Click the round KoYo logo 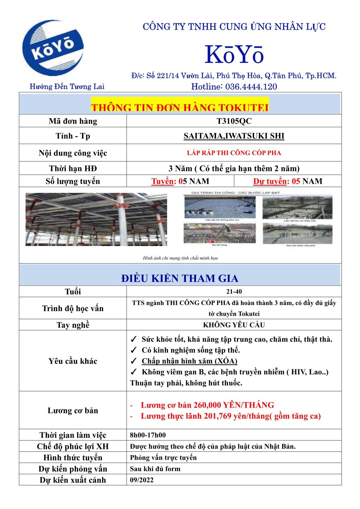pyautogui.click(x=53, y=48)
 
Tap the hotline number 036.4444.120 pyautogui.click(x=251, y=87)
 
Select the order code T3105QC pyautogui.click(x=234, y=121)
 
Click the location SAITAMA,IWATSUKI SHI pyautogui.click(x=234, y=136)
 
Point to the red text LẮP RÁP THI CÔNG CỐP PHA pyautogui.click(x=234, y=153)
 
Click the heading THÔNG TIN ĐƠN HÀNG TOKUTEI pyautogui.click(x=180, y=107)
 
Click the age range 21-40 pyautogui.click(x=234, y=292)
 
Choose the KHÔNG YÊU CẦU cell pyautogui.click(x=234, y=325)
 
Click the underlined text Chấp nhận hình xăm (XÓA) pyautogui.click(x=189, y=361)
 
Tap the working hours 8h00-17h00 pyautogui.click(x=148, y=435)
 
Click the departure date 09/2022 pyautogui.click(x=142, y=480)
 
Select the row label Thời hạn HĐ pyautogui.click(x=73, y=169)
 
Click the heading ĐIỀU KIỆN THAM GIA pyautogui.click(x=180, y=279)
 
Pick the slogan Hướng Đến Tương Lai pyautogui.click(x=67, y=87)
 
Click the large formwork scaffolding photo pyautogui.click(x=96, y=220)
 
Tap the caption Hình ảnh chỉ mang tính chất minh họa pyautogui.click(x=180, y=258)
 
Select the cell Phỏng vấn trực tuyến pyautogui.click(x=163, y=458)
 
